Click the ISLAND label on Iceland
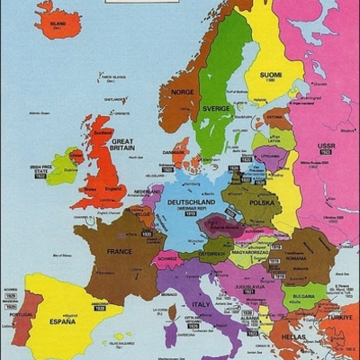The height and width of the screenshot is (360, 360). tap(58, 23)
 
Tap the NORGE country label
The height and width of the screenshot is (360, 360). tap(183, 91)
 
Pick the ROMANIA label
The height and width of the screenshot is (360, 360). tap(296, 258)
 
